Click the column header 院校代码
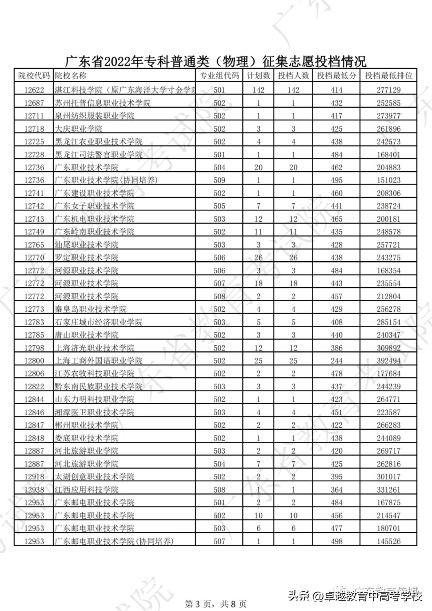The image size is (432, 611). click(34, 76)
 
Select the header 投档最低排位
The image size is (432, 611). click(388, 76)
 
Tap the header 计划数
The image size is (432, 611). click(258, 76)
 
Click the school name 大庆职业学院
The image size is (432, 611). click(78, 129)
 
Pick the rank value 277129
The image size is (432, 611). click(388, 90)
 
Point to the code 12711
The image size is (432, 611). click(34, 116)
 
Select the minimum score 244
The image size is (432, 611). click(336, 361)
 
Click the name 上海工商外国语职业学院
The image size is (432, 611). click(98, 361)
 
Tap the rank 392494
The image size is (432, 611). click(388, 361)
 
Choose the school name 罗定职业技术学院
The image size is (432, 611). click(86, 258)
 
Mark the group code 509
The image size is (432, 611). click(219, 180)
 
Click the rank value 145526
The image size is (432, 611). click(388, 541)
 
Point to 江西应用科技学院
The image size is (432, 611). click(86, 490)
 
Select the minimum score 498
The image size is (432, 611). click(336, 541)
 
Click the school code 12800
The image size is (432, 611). click(34, 361)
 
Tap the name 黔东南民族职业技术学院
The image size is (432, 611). click(98, 387)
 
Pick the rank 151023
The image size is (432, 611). click(388, 180)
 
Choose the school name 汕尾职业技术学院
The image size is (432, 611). click(86, 245)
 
